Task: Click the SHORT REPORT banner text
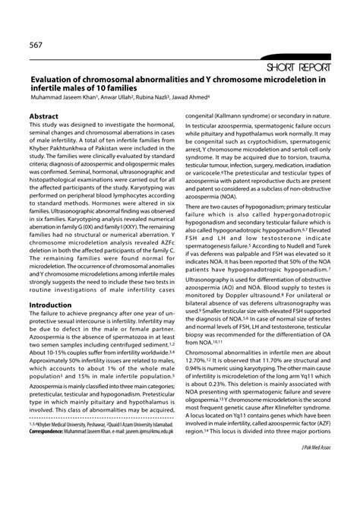coord(302,67)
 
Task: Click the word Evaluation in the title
coord(55,79)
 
